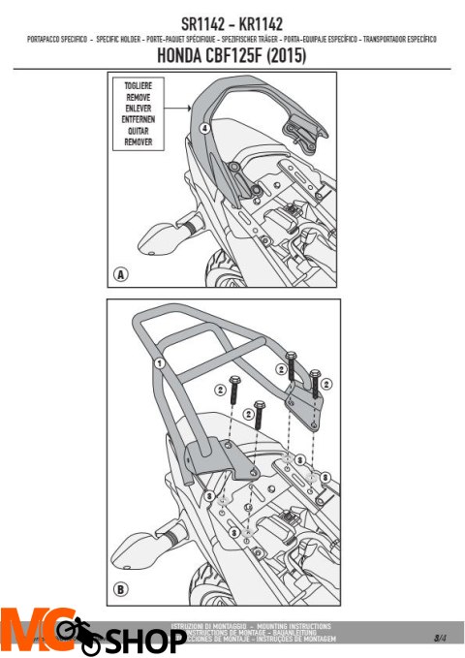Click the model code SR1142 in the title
[204, 22]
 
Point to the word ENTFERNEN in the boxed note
[139, 120]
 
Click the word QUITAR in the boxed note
[139, 131]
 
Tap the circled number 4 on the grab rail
[203, 128]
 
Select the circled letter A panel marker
[120, 274]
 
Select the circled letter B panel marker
[120, 586]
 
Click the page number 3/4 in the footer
[441, 637]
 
